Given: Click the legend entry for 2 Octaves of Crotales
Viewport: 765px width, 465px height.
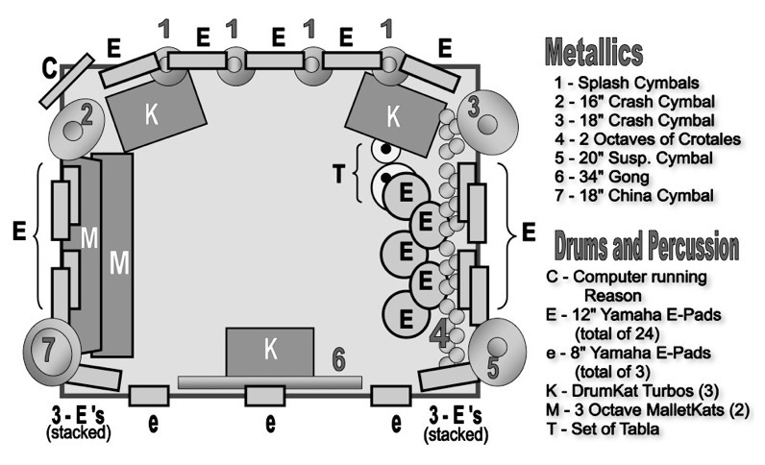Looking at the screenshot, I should point(647,139).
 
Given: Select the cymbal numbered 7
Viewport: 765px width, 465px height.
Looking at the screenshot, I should point(47,349).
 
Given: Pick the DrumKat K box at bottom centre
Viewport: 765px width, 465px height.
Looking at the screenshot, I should point(270,351).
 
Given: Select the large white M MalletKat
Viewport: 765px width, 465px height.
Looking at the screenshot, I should point(117,257).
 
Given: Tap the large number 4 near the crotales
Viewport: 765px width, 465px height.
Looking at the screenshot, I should point(439,337).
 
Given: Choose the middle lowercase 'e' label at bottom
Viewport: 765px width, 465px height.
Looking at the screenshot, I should point(271,423).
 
